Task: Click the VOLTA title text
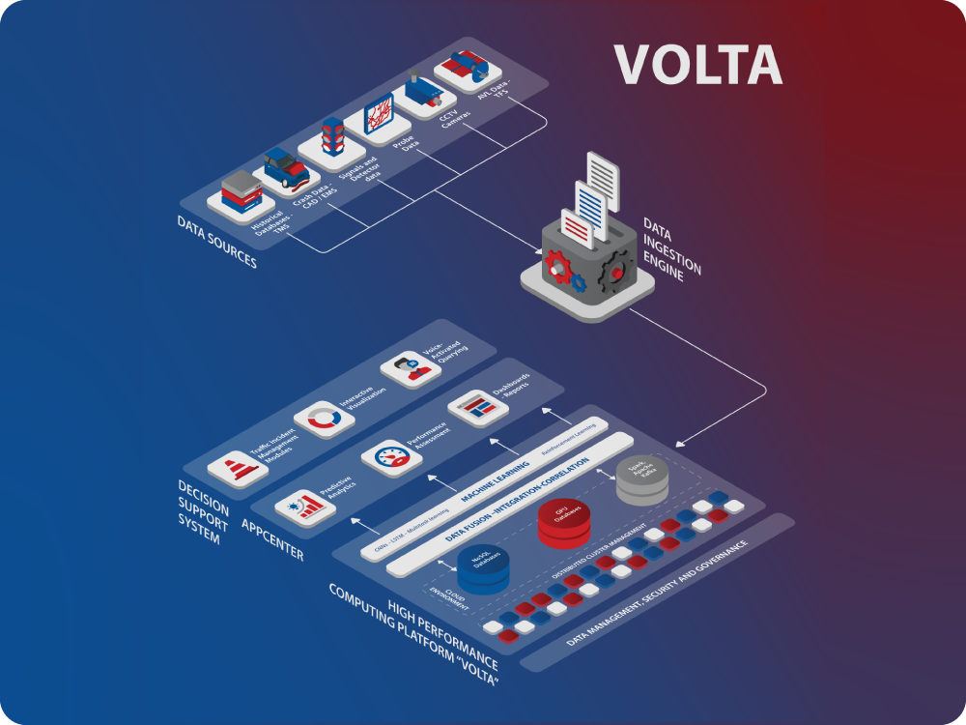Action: click(697, 64)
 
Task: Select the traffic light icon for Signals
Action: click(332, 137)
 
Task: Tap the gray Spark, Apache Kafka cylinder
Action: click(642, 480)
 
